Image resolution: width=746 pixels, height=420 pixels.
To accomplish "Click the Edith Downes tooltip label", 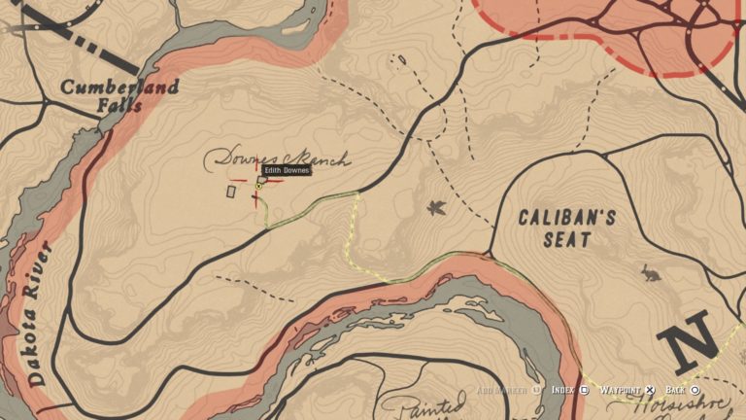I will click(287, 170).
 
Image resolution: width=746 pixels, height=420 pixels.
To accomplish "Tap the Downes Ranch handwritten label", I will click(278, 159).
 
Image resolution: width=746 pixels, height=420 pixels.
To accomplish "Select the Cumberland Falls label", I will click(120, 95).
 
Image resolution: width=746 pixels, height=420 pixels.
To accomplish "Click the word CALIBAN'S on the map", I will click(566, 218).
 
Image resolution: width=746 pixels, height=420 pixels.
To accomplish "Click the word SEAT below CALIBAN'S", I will click(567, 240).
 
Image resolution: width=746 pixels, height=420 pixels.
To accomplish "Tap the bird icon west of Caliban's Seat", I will click(436, 206).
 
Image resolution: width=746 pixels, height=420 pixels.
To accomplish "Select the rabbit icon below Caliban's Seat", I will click(650, 274).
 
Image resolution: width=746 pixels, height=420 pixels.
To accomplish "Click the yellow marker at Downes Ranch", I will click(258, 186).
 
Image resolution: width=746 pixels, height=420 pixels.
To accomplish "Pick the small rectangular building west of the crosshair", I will click(230, 192).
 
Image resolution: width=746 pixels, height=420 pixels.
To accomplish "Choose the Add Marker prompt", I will click(502, 390).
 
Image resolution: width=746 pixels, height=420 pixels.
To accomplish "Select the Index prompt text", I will click(562, 390).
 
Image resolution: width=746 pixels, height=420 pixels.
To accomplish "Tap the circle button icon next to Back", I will click(695, 390).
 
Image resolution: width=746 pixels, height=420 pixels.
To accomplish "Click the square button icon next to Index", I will click(585, 390).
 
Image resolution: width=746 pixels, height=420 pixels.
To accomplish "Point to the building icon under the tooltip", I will click(262, 180).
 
